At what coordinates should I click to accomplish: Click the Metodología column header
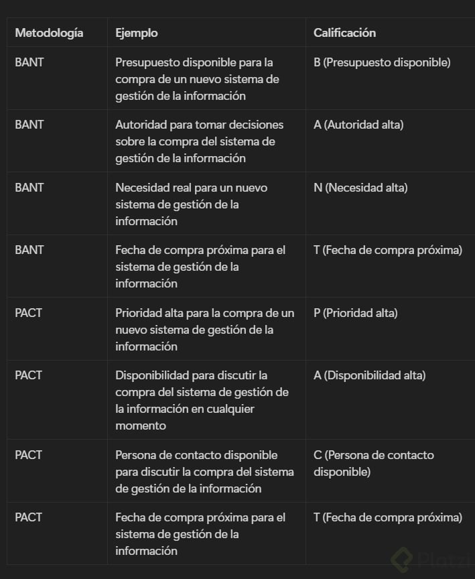click(49, 32)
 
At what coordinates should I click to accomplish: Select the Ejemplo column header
click(137, 32)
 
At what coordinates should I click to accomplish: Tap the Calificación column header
click(344, 32)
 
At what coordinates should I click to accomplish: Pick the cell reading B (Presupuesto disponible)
click(382, 62)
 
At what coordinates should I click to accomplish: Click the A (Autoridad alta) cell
click(358, 125)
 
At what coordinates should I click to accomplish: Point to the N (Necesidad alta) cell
click(360, 188)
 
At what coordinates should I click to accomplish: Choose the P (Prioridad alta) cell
click(356, 313)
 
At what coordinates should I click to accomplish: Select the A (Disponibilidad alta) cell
click(369, 375)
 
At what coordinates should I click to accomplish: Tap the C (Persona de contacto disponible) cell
click(373, 463)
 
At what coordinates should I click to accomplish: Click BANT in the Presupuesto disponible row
click(29, 62)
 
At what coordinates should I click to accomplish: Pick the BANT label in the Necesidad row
click(29, 188)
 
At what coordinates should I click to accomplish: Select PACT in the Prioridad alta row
click(29, 313)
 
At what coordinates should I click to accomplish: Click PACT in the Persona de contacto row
click(29, 455)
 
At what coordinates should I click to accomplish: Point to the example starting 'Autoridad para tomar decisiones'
click(200, 141)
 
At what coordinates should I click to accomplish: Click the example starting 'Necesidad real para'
click(191, 204)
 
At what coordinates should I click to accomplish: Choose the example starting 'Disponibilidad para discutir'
click(202, 400)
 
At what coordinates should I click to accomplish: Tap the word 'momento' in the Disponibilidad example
click(141, 426)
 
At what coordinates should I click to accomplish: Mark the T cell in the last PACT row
click(388, 517)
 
